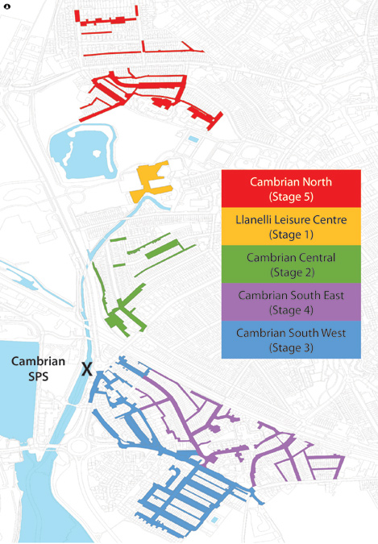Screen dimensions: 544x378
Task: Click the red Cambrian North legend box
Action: (x=290, y=189)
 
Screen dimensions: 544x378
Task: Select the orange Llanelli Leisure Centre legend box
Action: (x=290, y=226)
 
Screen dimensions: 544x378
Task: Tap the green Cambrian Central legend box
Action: (x=290, y=264)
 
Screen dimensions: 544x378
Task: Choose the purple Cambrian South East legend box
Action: (x=290, y=302)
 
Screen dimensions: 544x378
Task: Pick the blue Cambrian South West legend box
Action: (x=290, y=340)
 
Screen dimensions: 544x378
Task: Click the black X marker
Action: (x=87, y=369)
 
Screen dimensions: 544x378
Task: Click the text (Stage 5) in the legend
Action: (x=290, y=197)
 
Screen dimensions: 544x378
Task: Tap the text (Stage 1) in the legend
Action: (x=290, y=235)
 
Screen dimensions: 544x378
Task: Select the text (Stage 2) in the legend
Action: (x=290, y=272)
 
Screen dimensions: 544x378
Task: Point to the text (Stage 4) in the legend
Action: (x=290, y=310)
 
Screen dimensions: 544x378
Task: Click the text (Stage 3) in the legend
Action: (x=290, y=348)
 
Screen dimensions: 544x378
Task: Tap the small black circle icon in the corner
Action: (x=7, y=6)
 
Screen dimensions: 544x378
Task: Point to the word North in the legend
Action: (x=315, y=182)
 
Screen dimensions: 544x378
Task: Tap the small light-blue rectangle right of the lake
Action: (x=192, y=139)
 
